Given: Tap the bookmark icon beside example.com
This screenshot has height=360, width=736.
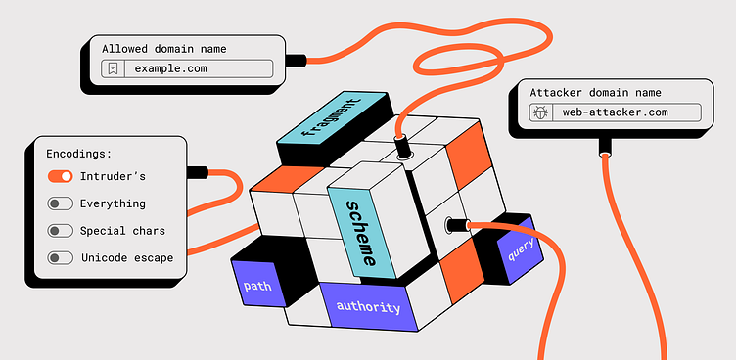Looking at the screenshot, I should [114, 69].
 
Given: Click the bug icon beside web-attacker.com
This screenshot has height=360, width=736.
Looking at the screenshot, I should [541, 112].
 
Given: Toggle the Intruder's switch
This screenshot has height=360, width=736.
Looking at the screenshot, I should [61, 176].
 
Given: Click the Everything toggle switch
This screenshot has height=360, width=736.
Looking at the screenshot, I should [61, 203].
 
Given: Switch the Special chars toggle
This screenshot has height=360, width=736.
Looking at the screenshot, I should [61, 231].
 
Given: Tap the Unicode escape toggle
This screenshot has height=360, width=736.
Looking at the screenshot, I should [61, 257].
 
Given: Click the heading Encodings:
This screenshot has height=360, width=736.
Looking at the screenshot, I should [78, 154].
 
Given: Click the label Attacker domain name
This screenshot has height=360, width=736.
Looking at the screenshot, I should [595, 92].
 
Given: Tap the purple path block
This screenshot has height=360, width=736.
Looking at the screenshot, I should [256, 287].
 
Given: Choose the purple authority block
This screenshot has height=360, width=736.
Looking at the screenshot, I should [368, 307].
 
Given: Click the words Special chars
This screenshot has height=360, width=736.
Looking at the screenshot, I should [122, 231].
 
